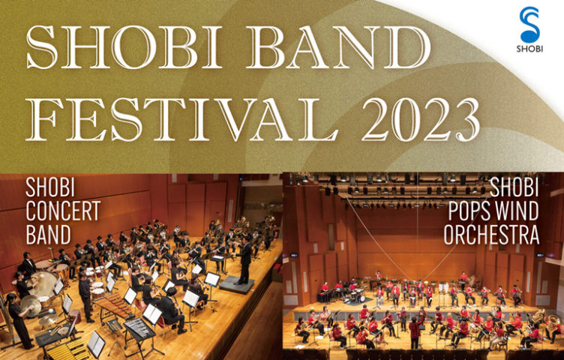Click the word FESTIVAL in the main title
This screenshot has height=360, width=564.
click(181, 119)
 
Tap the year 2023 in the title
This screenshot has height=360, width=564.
click(421, 119)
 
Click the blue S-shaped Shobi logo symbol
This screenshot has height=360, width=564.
click(529, 25)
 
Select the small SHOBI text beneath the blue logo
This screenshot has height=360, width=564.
click(529, 49)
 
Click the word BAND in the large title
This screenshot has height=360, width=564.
click(340, 47)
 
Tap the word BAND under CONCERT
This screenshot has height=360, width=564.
click(49, 235)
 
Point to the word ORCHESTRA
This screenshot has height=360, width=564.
click(491, 235)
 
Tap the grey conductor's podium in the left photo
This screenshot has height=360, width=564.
click(238, 285)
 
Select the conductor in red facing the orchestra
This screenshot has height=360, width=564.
click(415, 331)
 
